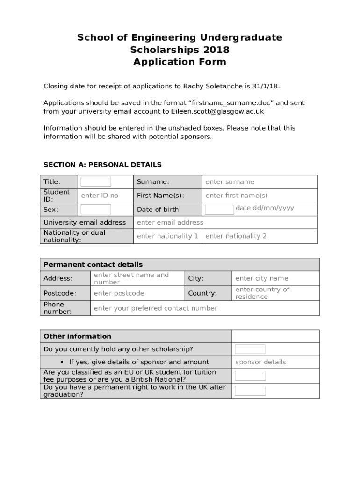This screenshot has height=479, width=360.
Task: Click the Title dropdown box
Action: (96, 182)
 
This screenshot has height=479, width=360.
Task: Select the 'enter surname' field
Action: (230, 182)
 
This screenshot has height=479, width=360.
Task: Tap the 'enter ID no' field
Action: (100, 196)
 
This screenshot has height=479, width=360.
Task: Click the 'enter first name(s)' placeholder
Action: (236, 196)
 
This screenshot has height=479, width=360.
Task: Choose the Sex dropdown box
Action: (96, 209)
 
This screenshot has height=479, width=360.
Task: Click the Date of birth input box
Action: (219, 210)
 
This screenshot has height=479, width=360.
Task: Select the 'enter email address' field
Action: (170, 222)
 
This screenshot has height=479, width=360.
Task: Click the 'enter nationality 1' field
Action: (167, 236)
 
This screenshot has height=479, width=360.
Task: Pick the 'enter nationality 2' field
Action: (236, 236)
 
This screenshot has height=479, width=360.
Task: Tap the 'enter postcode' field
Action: (119, 293)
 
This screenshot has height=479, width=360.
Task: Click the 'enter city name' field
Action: (261, 278)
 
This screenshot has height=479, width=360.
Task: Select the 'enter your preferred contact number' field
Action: (155, 308)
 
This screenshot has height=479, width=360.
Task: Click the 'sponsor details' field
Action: (260, 362)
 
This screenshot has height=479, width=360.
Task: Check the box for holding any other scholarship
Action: (250, 349)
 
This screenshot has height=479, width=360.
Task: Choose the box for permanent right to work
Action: (250, 391)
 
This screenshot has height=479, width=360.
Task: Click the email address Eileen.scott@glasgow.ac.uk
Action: (211, 111)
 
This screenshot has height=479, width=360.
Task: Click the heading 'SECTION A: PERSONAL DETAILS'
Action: (102, 165)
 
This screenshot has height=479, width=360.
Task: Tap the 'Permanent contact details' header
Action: (93, 265)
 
